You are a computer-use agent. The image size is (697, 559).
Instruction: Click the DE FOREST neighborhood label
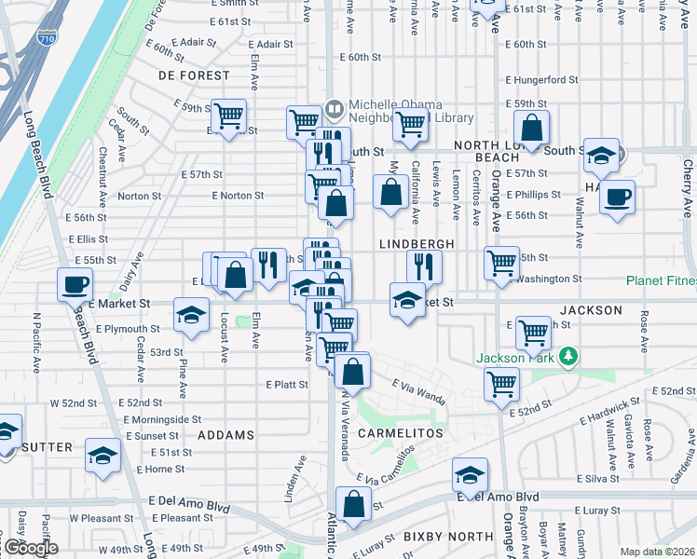click(x=194, y=75)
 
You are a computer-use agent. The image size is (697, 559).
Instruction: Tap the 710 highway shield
click(x=46, y=62)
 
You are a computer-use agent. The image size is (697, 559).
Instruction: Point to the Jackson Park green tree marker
click(x=567, y=356)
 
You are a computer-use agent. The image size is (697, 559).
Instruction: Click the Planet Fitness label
click(x=661, y=279)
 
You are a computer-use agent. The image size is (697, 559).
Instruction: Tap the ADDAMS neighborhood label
click(x=225, y=435)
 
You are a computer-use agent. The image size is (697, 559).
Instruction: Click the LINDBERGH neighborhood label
click(x=417, y=243)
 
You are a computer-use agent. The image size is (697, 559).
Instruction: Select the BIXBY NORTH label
click(x=448, y=537)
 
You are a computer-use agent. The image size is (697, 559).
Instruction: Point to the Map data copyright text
click(x=657, y=552)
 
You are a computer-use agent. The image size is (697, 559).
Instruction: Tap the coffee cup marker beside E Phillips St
click(x=617, y=198)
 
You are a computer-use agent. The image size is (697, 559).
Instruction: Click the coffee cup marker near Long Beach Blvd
click(x=75, y=284)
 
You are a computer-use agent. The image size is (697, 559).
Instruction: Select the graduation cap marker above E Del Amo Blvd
click(x=471, y=475)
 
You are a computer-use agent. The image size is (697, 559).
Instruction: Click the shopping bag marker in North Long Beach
click(x=531, y=130)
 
